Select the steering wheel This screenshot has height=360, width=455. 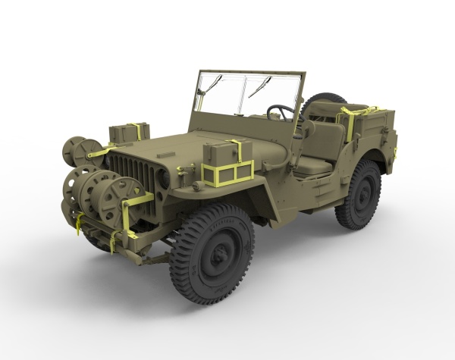click(281, 114)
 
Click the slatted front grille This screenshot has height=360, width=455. click(133, 174)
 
